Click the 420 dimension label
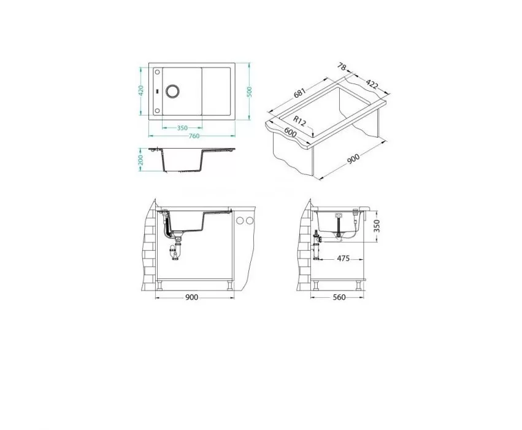coord(141,91)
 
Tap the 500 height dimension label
coord(250,92)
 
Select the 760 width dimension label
coord(194,136)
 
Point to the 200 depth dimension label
coord(140,160)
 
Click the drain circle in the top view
coord(172,91)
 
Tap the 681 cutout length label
coord(299,93)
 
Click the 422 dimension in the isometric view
coord(372,85)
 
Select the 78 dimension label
coord(342,67)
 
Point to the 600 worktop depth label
coord(290,132)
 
